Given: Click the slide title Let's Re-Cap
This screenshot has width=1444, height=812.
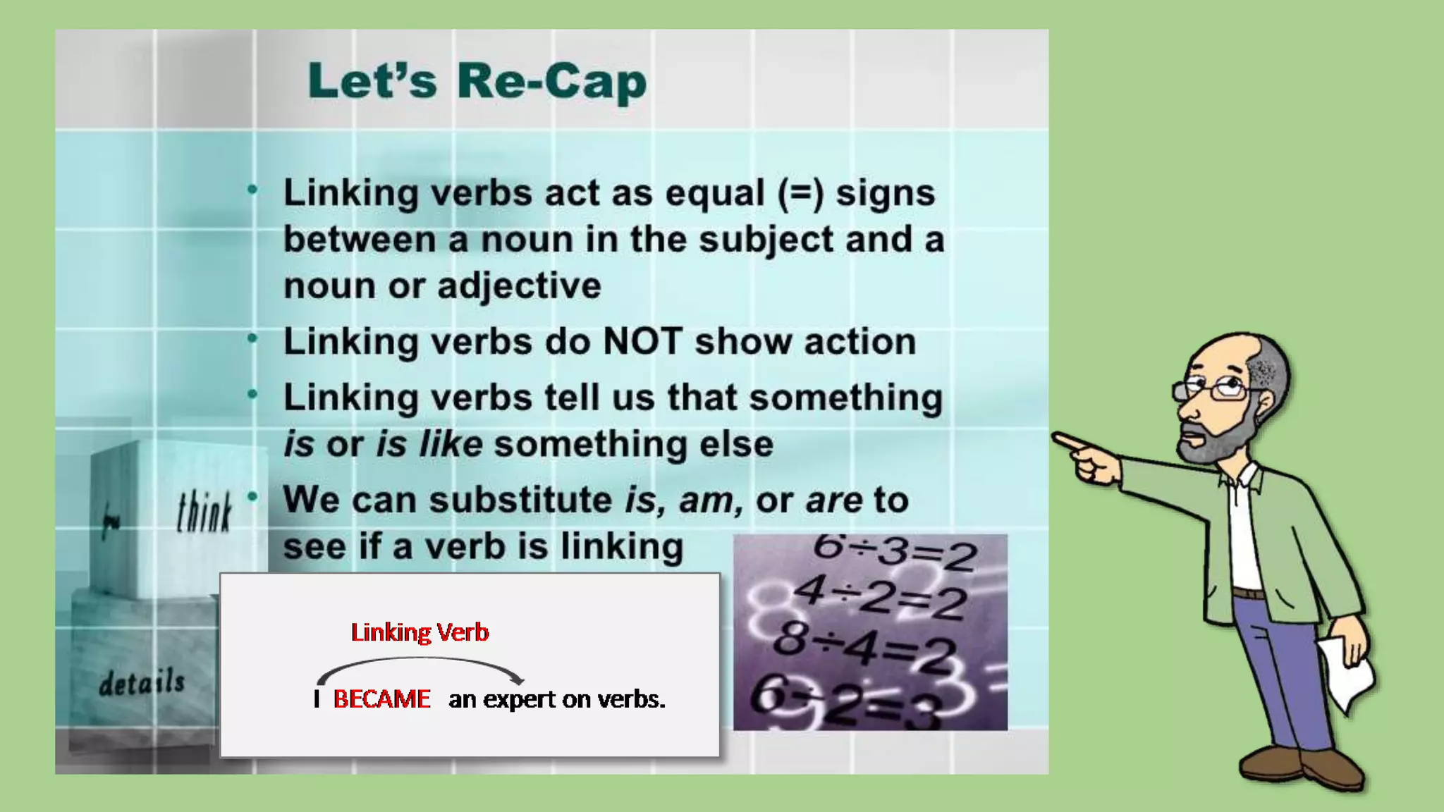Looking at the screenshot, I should [477, 82].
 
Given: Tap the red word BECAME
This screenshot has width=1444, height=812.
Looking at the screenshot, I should [381, 699].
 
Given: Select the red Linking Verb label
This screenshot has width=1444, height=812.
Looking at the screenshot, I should [420, 632].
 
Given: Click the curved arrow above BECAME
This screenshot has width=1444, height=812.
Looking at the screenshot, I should [420, 663].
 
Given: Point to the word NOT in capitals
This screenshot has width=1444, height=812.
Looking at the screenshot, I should [642, 342].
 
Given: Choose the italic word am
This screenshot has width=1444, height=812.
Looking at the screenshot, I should [709, 500].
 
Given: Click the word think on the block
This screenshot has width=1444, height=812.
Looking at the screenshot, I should [204, 512].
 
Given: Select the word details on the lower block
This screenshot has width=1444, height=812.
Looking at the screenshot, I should [142, 682].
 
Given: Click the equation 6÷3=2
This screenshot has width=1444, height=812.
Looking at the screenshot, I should [894, 551].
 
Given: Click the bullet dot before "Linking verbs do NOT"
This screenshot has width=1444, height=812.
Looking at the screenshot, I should [252, 339].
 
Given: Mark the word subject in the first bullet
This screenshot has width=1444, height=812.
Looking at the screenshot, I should [766, 240].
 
